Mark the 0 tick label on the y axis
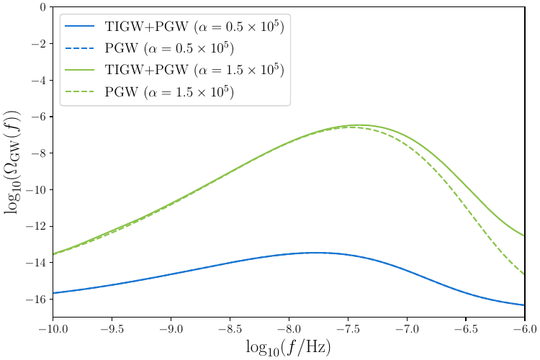tap(43, 8)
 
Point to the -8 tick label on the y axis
tap(40, 153)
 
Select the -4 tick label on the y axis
tap(40, 81)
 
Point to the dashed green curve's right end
tap(524, 274)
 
